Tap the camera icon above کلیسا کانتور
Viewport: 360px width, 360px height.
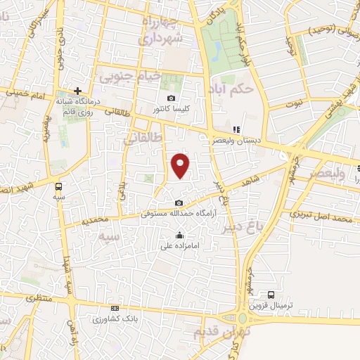point(171,98)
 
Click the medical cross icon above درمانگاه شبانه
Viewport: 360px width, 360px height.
point(78,91)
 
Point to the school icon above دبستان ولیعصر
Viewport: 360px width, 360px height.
point(237,130)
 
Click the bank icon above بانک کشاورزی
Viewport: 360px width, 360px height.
point(115,308)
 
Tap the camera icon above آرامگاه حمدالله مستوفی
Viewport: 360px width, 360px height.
point(179,202)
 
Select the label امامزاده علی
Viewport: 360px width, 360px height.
point(180,245)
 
